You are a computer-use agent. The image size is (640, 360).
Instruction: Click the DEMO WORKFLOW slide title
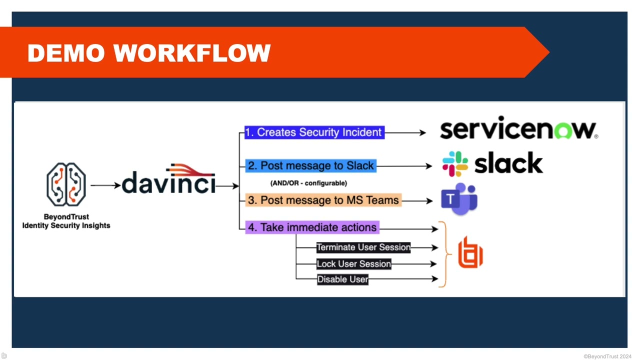coord(149,53)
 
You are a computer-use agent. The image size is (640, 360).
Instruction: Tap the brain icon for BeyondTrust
coord(66,184)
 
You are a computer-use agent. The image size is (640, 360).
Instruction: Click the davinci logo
coord(169,181)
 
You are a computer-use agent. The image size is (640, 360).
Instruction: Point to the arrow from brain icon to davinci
coord(105,185)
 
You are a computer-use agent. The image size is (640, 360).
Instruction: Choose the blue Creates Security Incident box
coord(314,132)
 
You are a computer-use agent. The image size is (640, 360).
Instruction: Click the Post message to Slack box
coord(310,166)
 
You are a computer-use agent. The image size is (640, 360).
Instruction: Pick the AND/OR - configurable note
coord(308,183)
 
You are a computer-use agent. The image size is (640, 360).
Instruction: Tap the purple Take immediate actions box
coord(312,227)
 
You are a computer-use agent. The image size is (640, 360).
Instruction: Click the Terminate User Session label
coord(363,247)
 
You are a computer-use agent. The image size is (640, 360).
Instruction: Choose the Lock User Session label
coord(354,264)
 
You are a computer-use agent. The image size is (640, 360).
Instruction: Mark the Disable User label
coord(342,279)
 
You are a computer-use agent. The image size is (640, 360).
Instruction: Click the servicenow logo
coord(518,129)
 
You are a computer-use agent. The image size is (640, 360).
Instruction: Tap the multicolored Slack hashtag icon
coord(455,164)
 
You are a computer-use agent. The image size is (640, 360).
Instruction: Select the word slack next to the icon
coord(508,163)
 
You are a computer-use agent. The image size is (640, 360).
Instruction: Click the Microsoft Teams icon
coord(459,199)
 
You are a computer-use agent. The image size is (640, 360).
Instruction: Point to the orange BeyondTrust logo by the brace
coord(470,252)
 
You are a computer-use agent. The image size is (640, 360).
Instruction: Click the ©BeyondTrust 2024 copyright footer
coord(607,356)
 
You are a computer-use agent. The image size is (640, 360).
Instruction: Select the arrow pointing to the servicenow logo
coord(405,133)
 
